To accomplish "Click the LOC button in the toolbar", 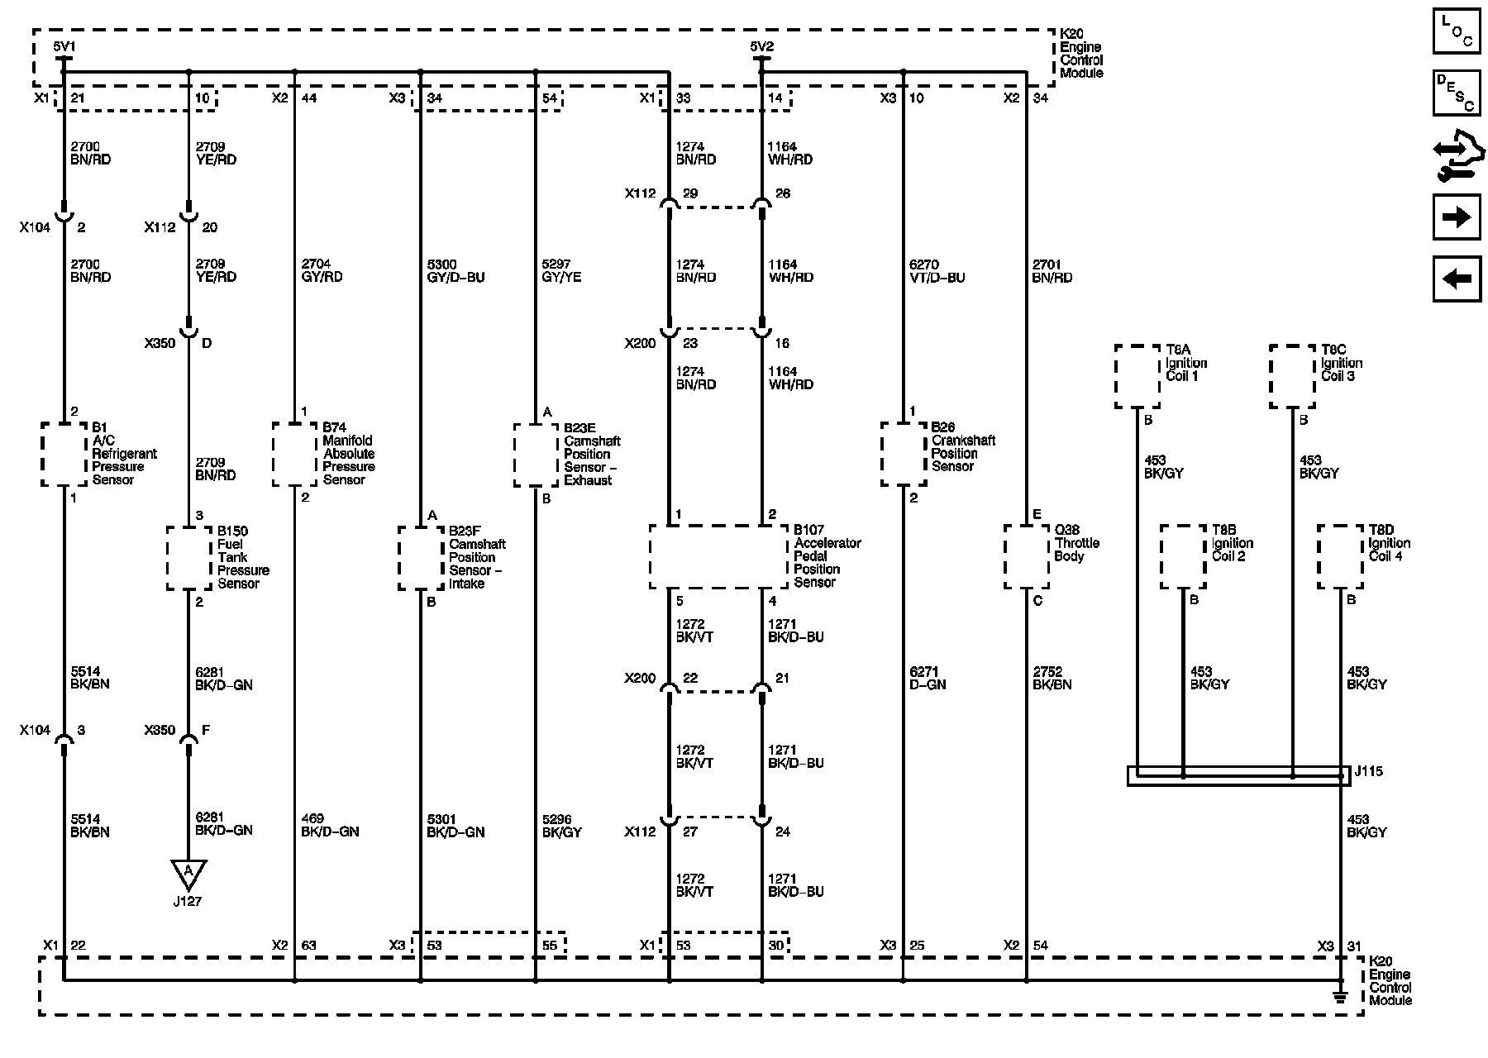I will (x=1457, y=31).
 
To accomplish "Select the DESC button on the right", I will (x=1457, y=93).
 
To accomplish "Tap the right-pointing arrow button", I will (x=1457, y=217).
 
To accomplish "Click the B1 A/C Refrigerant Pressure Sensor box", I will (x=64, y=454).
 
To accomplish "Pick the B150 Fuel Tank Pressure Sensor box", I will (x=189, y=558).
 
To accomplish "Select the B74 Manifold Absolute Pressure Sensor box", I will (x=295, y=454).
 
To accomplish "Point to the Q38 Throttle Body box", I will (x=1027, y=556).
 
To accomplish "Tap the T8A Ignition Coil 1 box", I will (x=1137, y=376).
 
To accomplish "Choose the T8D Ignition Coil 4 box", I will (x=1340, y=556).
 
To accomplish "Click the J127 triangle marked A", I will (x=188, y=872).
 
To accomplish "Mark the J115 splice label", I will (x=1369, y=772).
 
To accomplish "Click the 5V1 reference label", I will (x=64, y=47).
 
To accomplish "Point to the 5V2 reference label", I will (x=761, y=47).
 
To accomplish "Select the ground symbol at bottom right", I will (x=1340, y=997).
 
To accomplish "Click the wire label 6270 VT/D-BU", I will (x=937, y=271).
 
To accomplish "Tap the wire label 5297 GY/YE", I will (x=561, y=271).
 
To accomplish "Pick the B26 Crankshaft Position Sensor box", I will (x=904, y=454).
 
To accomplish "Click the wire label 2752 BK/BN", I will (x=1052, y=679).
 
